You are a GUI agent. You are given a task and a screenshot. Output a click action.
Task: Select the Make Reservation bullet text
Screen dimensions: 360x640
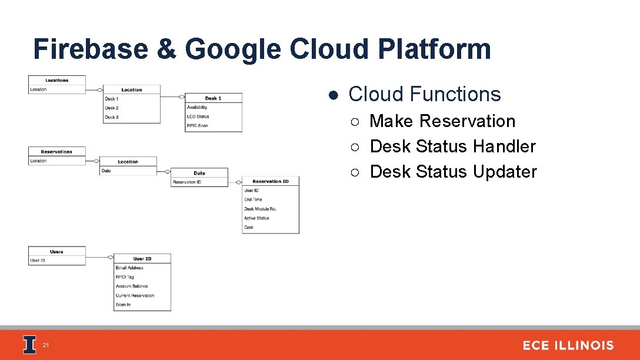442,121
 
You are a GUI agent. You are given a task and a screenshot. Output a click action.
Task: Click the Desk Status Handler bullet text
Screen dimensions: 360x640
452,146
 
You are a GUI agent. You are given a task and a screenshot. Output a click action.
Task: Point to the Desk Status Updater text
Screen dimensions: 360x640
453,172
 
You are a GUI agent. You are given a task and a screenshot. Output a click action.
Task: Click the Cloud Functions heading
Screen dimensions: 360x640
424,94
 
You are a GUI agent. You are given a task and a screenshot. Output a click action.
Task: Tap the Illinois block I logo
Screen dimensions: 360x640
29,345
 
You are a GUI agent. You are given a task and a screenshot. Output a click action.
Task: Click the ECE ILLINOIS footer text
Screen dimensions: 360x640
568,345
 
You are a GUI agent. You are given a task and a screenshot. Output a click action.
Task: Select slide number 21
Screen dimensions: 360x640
46,345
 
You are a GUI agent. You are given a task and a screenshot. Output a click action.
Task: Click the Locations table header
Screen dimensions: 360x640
57,81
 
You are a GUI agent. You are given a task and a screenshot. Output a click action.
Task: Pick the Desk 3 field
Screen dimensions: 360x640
112,117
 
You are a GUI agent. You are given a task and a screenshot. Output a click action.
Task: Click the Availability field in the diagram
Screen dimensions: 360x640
197,108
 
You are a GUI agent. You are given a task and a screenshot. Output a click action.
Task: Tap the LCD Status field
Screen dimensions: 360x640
198,116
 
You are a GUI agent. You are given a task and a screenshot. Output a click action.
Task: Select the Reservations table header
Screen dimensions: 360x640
57,152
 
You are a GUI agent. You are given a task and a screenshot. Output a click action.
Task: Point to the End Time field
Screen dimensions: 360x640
253,199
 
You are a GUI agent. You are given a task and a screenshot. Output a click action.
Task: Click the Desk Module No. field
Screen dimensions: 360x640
260,209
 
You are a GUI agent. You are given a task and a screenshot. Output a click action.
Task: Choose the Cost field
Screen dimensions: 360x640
249,227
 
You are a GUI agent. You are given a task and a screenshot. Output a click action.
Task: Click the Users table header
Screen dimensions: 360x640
57,252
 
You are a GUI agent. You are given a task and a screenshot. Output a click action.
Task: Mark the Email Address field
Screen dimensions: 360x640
129,268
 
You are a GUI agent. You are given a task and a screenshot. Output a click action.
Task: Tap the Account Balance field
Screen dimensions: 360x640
132,286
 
